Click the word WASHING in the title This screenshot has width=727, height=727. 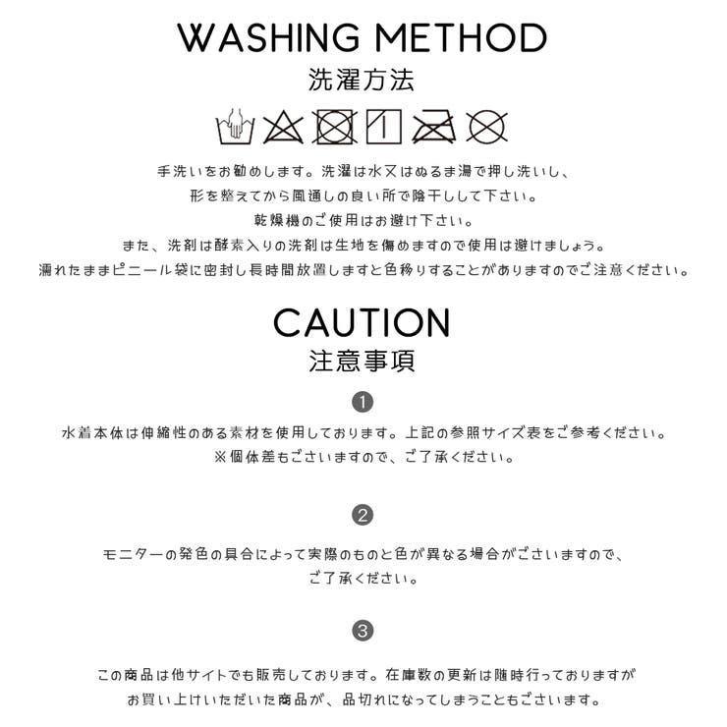pos(268,37)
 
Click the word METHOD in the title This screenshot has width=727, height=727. pos(462,37)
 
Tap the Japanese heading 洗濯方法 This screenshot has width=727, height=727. pos(362,80)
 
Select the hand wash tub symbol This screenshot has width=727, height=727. pos(236,126)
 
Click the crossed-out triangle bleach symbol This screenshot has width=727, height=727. pos(283,127)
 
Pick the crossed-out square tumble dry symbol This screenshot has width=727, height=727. pos(334,127)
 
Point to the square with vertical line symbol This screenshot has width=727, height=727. pos(384,127)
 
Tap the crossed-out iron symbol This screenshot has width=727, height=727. pos(434,126)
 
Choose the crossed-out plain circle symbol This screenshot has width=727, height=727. pos(486,127)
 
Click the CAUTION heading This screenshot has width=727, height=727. pos(362,322)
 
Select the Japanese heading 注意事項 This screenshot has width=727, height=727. pos(362,362)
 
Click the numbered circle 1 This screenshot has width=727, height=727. pos(363,403)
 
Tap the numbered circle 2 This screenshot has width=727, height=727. pos(363,515)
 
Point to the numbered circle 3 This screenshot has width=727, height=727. pos(363,631)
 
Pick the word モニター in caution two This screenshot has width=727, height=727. pos(134,554)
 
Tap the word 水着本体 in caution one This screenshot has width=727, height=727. pos(92,433)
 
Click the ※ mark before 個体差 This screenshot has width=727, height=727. pos(220,457)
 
